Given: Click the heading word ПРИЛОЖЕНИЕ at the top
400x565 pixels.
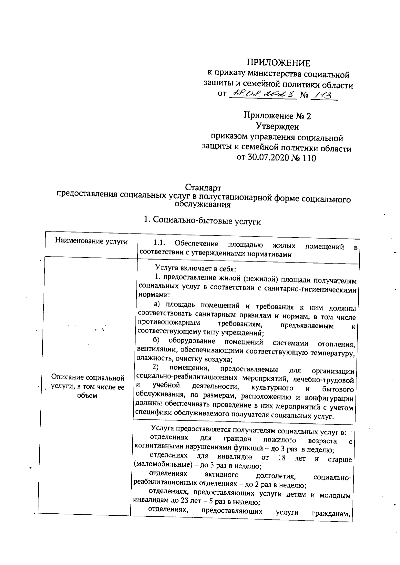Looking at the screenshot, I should (278, 63).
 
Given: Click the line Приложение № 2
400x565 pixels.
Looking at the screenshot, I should (277, 116).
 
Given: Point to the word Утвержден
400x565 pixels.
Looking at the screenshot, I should (277, 127).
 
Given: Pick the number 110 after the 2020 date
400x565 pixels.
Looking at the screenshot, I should (308, 158).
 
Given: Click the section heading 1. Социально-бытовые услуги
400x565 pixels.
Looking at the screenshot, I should (202, 221).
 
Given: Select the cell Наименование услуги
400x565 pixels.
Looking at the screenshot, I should (91, 242).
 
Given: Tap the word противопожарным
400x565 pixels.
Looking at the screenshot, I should (169, 323).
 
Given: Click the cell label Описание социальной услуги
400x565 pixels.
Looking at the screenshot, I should (88, 382).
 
